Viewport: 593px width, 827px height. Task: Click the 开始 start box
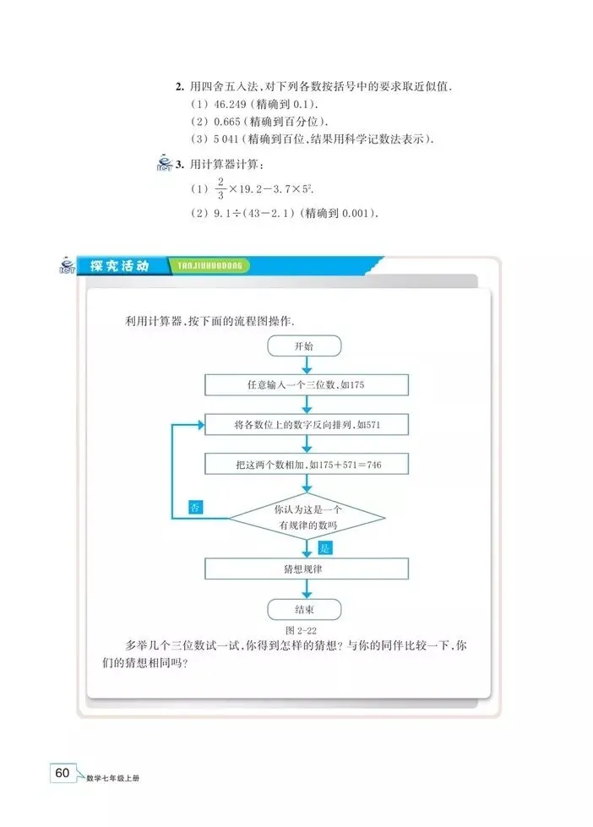(x=303, y=346)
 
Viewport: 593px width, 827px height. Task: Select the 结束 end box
(x=303, y=608)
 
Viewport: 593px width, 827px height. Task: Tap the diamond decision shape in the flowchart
(x=307, y=517)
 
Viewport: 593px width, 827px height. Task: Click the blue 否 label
(x=195, y=508)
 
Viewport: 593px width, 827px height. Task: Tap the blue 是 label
(x=327, y=547)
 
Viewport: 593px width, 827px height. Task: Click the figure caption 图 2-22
(x=302, y=630)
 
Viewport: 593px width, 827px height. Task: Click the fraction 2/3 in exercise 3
(x=198, y=188)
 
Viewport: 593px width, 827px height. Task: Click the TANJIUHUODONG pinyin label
(x=211, y=266)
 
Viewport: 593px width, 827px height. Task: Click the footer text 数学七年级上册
(x=113, y=777)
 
